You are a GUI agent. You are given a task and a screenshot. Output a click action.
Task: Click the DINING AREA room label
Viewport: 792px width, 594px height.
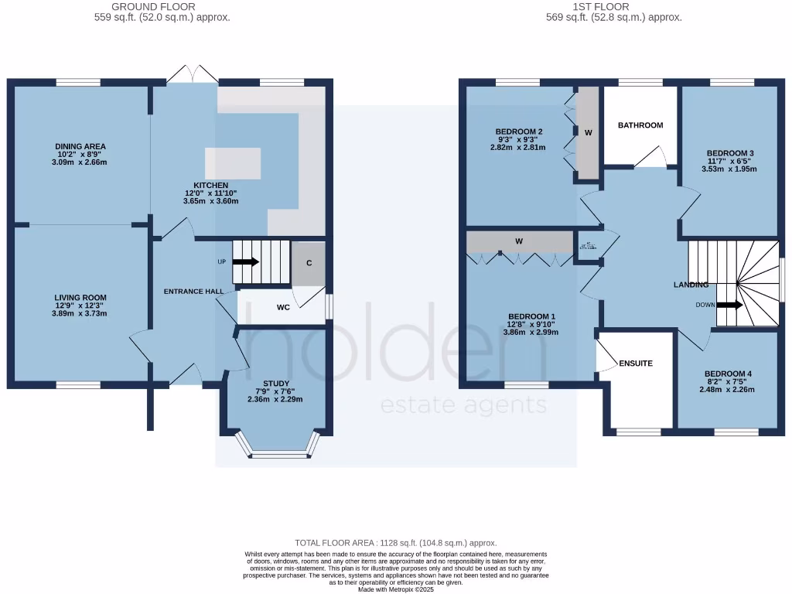pyautogui.click(x=80, y=146)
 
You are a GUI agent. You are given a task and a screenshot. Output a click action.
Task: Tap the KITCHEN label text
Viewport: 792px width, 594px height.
pyautogui.click(x=210, y=186)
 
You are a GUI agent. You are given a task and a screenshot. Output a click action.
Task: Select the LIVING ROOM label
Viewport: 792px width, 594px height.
pyautogui.click(x=80, y=298)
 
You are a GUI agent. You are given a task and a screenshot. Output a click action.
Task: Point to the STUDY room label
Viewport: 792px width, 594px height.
pyautogui.click(x=275, y=384)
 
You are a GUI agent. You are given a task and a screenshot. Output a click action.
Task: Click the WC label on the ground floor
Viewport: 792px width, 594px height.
pyautogui.click(x=283, y=307)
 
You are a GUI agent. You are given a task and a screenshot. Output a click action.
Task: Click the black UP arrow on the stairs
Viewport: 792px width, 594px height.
pyautogui.click(x=246, y=262)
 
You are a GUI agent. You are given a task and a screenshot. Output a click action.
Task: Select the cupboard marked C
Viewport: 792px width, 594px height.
pyautogui.click(x=309, y=263)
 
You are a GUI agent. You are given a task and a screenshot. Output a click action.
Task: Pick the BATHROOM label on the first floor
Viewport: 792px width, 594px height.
pyautogui.click(x=640, y=125)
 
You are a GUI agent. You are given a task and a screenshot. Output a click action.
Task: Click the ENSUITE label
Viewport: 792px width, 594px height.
pyautogui.click(x=636, y=363)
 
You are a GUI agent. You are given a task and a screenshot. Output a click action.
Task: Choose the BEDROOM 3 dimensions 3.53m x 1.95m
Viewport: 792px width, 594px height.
pyautogui.click(x=728, y=169)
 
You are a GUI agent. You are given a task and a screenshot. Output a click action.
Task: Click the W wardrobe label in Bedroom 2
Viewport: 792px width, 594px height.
pyautogui.click(x=588, y=133)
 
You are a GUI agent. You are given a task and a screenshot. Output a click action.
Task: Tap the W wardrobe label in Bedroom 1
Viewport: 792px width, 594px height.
pyautogui.click(x=519, y=241)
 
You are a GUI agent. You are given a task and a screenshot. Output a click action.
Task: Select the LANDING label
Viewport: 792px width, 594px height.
pyautogui.click(x=691, y=285)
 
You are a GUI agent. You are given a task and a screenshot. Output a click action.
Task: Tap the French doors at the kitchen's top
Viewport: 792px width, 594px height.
pyautogui.click(x=192, y=75)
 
